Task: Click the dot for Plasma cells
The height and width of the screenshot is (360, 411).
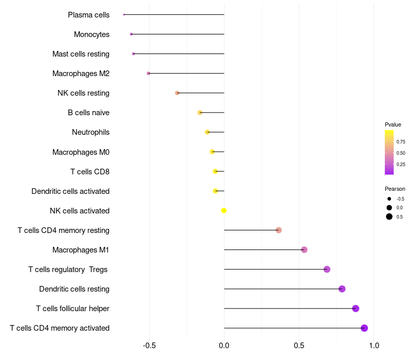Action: pyautogui.click(x=124, y=14)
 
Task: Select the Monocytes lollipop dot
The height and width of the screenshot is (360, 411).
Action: pyautogui.click(x=132, y=34)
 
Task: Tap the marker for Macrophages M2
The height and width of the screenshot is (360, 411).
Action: pyautogui.click(x=148, y=73)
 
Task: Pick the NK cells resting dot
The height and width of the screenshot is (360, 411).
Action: pyautogui.click(x=177, y=93)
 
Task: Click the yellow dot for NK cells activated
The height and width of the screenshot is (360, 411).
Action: pyautogui.click(x=223, y=210)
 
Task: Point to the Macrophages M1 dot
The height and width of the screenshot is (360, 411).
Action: pyautogui.click(x=304, y=249)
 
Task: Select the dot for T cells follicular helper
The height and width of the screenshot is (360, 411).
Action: pyautogui.click(x=356, y=308)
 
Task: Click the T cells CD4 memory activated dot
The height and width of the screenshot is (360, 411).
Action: pyautogui.click(x=364, y=328)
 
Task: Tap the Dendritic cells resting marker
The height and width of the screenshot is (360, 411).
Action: pyautogui.click(x=342, y=289)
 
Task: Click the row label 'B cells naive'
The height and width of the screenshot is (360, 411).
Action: pyautogui.click(x=88, y=113)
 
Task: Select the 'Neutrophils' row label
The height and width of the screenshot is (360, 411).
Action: pyautogui.click(x=91, y=132)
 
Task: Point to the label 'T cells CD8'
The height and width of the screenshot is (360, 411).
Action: pyautogui.click(x=90, y=172)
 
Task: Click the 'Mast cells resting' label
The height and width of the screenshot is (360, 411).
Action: pyautogui.click(x=81, y=54)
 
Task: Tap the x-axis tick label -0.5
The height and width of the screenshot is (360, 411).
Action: pyautogui.click(x=149, y=346)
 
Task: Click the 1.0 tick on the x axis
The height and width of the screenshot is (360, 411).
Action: pyautogui.click(x=374, y=346)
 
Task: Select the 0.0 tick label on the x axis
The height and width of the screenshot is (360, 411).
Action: pyautogui.click(x=224, y=346)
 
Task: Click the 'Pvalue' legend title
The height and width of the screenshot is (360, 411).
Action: pyautogui.click(x=393, y=124)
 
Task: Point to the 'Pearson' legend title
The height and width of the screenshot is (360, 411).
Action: pyautogui.click(x=395, y=189)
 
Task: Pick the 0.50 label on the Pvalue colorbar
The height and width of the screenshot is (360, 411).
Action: pyautogui.click(x=401, y=153)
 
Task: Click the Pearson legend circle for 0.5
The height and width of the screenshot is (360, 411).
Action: pyautogui.click(x=389, y=217)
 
